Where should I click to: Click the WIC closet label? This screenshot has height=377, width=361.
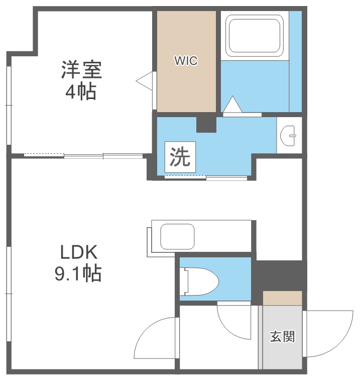[186, 61]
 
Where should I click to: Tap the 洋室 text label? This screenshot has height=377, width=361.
[82, 70]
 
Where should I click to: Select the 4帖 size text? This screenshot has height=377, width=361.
[80, 92]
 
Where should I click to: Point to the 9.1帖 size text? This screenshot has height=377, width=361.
[78, 273]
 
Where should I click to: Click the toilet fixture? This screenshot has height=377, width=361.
[201, 280]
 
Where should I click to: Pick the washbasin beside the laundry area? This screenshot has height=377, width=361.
[290, 134]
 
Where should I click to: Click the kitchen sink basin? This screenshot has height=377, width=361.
[177, 236]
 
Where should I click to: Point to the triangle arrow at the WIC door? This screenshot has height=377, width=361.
[145, 80]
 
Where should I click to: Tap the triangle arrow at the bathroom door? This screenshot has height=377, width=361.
[232, 105]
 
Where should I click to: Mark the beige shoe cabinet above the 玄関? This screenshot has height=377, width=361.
[283, 298]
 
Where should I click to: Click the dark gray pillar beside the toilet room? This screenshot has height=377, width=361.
[278, 275]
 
